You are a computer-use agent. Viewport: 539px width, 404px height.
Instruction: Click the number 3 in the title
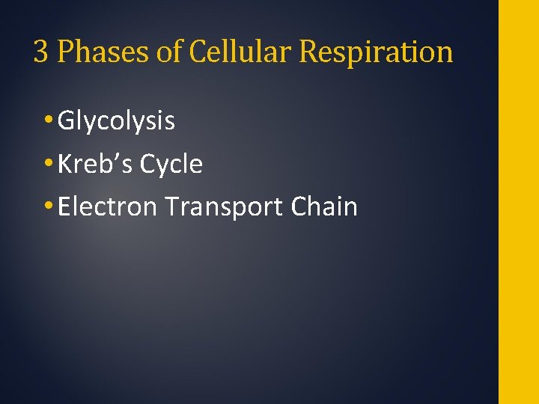[x=41, y=52]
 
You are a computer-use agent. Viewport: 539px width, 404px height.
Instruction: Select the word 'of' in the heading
[x=167, y=52]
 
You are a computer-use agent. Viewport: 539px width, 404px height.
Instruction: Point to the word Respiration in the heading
[x=376, y=52]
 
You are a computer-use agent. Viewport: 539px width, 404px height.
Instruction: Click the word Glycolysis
[x=116, y=121]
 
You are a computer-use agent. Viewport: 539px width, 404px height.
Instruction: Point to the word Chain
[x=324, y=206]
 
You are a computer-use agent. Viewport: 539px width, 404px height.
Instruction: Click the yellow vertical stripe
[x=518, y=202]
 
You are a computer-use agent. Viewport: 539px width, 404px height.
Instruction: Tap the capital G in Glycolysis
[x=66, y=120]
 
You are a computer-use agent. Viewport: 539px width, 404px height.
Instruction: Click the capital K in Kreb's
[x=65, y=164]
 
